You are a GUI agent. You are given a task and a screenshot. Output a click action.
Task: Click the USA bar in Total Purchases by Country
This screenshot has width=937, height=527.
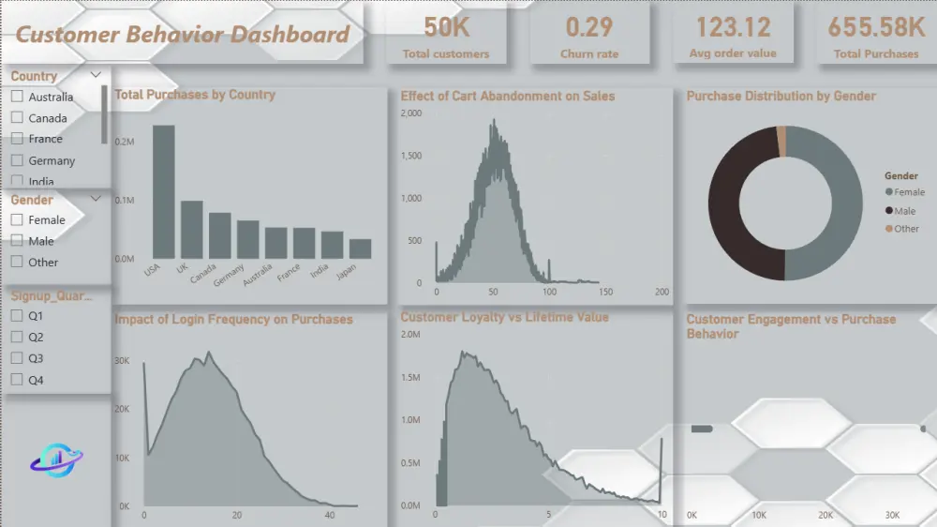pyautogui.click(x=164, y=192)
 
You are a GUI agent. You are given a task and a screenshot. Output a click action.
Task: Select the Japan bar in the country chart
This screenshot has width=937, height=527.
pyautogui.click(x=360, y=248)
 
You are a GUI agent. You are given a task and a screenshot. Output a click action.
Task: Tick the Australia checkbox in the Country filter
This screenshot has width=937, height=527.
pyautogui.click(x=17, y=97)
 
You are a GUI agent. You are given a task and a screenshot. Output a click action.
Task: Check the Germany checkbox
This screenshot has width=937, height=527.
pyautogui.click(x=17, y=160)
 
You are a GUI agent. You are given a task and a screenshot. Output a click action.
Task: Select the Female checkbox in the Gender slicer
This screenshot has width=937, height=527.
pyautogui.click(x=17, y=219)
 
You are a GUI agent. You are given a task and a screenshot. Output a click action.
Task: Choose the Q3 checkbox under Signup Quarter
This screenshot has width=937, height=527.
pyautogui.click(x=17, y=358)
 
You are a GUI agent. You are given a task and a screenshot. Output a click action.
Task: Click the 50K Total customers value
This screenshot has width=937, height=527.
pyautogui.click(x=446, y=26)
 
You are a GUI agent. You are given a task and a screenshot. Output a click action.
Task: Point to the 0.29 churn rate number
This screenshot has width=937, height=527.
pyautogui.click(x=588, y=26)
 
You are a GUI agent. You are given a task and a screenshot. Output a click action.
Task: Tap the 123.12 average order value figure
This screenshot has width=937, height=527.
pyautogui.click(x=732, y=26)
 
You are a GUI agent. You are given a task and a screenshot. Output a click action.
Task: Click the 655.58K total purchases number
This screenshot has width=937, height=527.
pyautogui.click(x=876, y=26)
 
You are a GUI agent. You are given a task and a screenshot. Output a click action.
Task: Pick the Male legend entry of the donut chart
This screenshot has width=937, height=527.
pyautogui.click(x=904, y=211)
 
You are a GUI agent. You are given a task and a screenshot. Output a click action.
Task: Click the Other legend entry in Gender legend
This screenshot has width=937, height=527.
pyautogui.click(x=905, y=229)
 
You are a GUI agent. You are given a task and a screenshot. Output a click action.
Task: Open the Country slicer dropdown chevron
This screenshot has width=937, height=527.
pyautogui.click(x=96, y=75)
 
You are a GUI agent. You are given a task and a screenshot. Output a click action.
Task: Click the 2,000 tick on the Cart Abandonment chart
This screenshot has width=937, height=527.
pyautogui.click(x=411, y=113)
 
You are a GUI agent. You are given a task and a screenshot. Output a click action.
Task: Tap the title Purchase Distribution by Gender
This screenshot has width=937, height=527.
pyautogui.click(x=781, y=96)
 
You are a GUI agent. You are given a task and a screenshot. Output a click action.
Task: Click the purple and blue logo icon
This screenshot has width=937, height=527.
pyautogui.click(x=56, y=459)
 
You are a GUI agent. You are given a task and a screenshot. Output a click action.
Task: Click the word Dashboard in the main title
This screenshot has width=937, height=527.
pyautogui.click(x=290, y=36)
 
